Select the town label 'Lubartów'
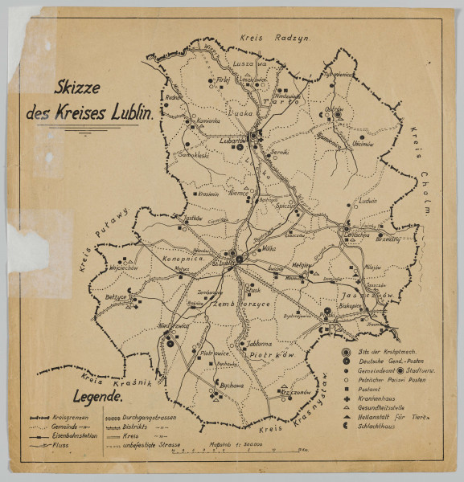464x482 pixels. click(233, 140)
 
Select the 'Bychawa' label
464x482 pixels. click(232, 386)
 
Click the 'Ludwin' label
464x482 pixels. click(368, 202)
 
